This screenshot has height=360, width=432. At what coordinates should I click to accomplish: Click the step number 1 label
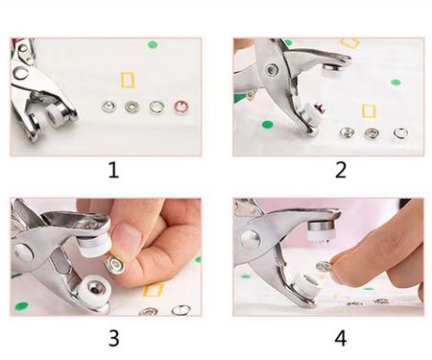(x=113, y=170)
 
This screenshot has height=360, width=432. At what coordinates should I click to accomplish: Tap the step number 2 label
(x=341, y=170)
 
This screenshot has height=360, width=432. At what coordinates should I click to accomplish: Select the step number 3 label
(x=114, y=338)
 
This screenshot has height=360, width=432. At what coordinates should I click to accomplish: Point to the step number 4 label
(x=341, y=338)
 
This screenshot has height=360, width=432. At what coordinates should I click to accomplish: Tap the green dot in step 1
(x=153, y=44)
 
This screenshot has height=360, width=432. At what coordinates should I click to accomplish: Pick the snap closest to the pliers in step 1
(x=108, y=107)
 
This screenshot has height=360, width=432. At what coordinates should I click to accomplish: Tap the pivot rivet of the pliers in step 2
(x=273, y=69)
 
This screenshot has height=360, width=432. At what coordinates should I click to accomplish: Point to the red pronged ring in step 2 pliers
(x=320, y=108)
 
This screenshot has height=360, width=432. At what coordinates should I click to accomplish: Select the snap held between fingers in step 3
(x=114, y=264)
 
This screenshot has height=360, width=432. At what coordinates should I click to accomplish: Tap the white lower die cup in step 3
(x=94, y=291)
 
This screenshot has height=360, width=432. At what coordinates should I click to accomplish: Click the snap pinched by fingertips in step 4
(x=324, y=266)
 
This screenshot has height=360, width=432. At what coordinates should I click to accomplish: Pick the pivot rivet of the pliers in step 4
(x=251, y=239)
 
